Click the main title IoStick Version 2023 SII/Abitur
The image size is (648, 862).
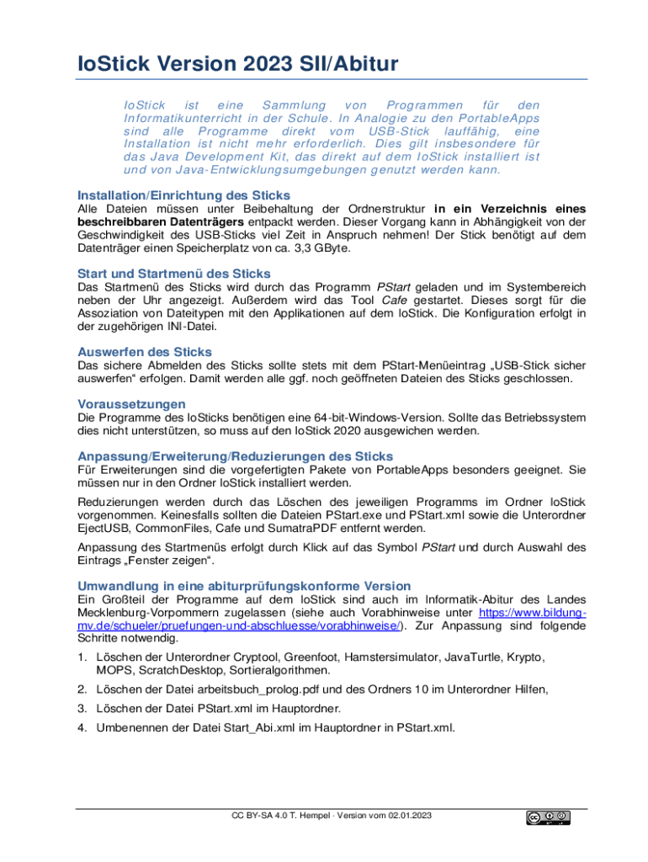point(238,64)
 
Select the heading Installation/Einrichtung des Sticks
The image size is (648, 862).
point(183,194)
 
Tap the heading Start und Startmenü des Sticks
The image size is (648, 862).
point(174,274)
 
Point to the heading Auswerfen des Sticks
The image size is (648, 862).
point(145,351)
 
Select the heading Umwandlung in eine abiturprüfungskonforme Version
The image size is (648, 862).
point(244,585)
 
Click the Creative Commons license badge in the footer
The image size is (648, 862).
point(549,817)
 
